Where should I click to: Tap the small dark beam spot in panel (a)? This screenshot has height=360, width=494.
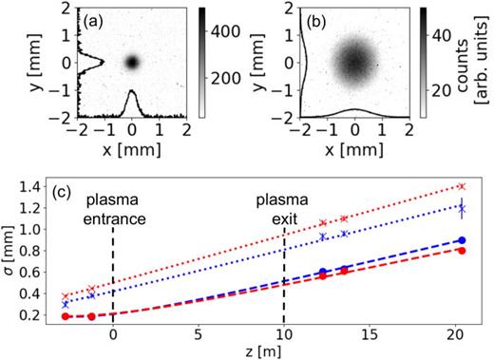pyautogui.click(x=132, y=62)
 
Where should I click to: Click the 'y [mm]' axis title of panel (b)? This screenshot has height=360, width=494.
pyautogui.click(x=255, y=62)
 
